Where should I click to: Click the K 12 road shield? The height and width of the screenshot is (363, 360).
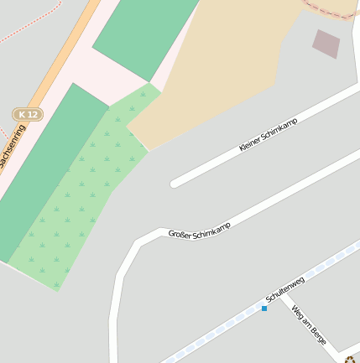25,113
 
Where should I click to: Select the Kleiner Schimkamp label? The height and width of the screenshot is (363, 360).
269,134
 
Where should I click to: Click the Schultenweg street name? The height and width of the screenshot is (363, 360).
284,289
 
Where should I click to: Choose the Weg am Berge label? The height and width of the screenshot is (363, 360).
308,324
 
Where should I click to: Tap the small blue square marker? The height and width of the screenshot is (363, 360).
263,309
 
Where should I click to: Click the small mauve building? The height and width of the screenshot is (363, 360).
326,43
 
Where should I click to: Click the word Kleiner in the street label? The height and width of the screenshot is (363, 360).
250,144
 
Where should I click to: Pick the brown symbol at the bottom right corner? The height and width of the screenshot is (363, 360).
350,359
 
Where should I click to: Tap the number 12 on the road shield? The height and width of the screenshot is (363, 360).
30,113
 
